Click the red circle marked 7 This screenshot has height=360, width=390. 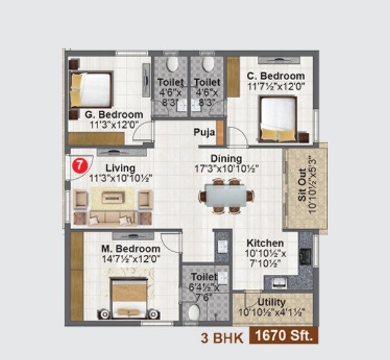(79, 165)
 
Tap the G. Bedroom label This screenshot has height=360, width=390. (114, 115)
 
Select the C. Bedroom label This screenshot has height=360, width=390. (276, 75)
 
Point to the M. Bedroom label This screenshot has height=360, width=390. (131, 248)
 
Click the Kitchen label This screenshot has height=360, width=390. (263, 243)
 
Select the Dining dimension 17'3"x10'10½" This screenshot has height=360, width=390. (225, 168)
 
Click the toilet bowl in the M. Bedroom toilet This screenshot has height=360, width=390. (193, 313)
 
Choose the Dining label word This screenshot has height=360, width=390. (226, 158)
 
